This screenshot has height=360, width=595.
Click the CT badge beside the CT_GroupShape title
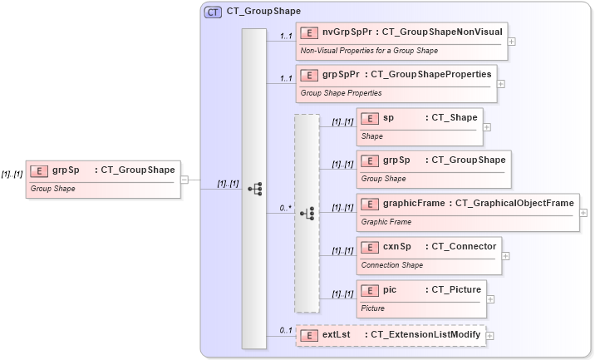pyautogui.click(x=214, y=12)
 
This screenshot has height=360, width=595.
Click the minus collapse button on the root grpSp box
pyautogui.click(x=184, y=179)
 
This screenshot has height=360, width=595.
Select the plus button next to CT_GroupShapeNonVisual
pyautogui.click(x=512, y=41)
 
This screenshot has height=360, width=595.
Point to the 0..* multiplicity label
pyautogui.click(x=285, y=208)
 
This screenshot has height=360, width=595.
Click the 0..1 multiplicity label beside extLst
pyautogui.click(x=286, y=330)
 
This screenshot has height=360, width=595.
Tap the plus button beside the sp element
pyautogui.click(x=487, y=127)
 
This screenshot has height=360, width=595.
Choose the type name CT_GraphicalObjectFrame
pyautogui.click(x=514, y=203)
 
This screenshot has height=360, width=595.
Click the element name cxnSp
pyautogui.click(x=397, y=246)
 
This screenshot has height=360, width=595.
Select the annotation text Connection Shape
pyautogui.click(x=392, y=265)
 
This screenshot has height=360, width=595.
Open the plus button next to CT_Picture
pyautogui.click(x=491, y=300)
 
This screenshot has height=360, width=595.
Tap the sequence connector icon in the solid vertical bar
pyautogui.click(x=255, y=189)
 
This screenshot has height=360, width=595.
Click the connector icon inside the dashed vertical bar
pyautogui.click(x=307, y=213)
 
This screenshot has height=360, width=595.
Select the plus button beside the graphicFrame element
pyautogui.click(x=583, y=214)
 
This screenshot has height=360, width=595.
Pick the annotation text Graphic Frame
pyautogui.click(x=386, y=222)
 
